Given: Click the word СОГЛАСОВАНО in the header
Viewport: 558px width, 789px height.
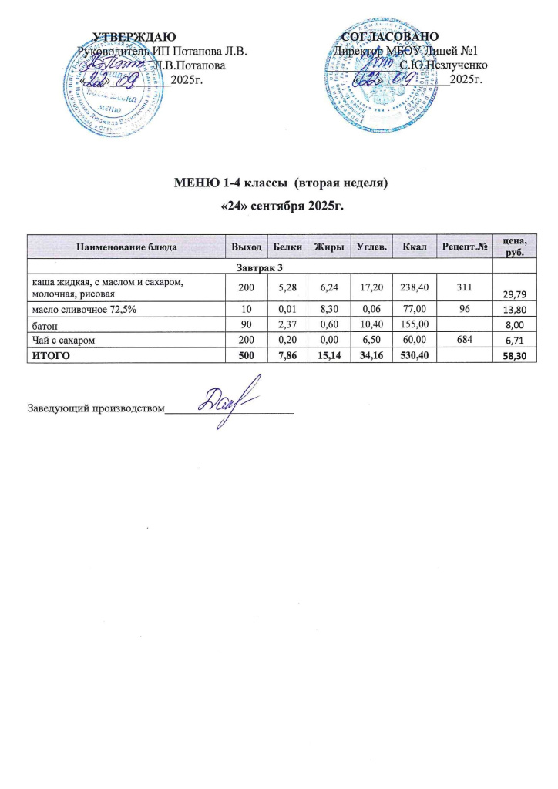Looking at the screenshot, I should pos(391,36).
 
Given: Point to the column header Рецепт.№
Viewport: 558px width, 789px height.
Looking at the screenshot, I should pos(464,247).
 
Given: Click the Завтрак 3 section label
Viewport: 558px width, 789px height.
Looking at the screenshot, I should pos(259,267).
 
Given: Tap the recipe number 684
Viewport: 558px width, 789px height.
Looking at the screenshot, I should pos(463,340).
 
